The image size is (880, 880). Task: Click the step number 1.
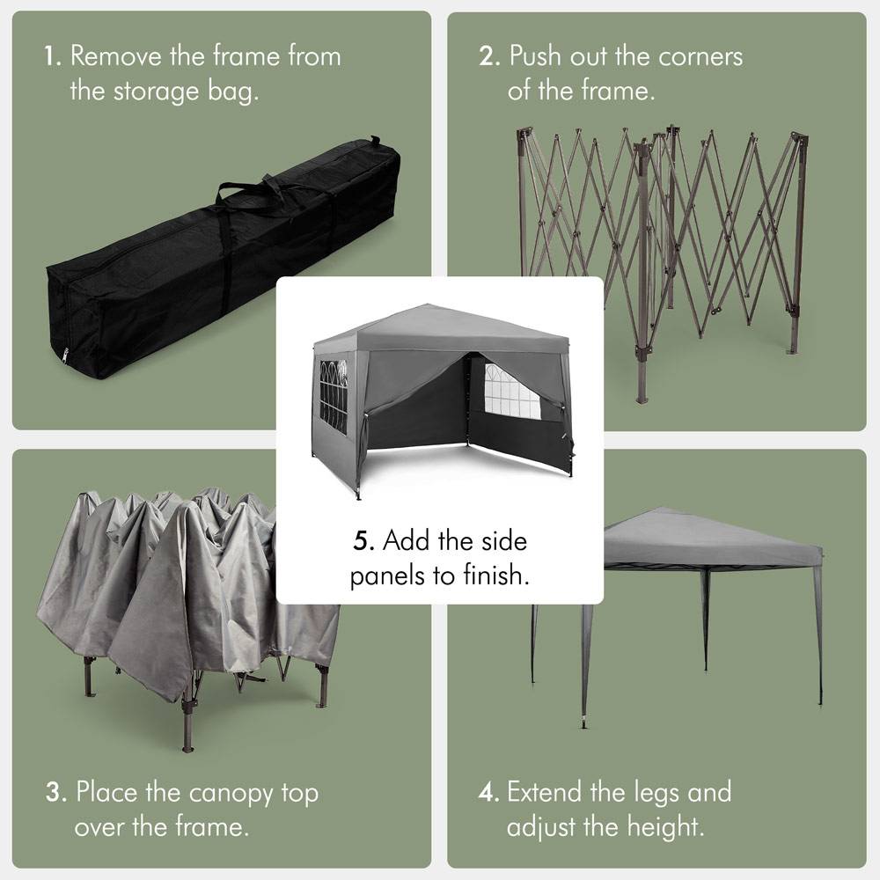tap(51, 57)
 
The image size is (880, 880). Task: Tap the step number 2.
tap(488, 57)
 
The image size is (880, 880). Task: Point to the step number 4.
tap(488, 792)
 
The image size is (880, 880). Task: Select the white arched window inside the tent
tap(511, 391)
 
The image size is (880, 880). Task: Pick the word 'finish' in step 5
tap(502, 576)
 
